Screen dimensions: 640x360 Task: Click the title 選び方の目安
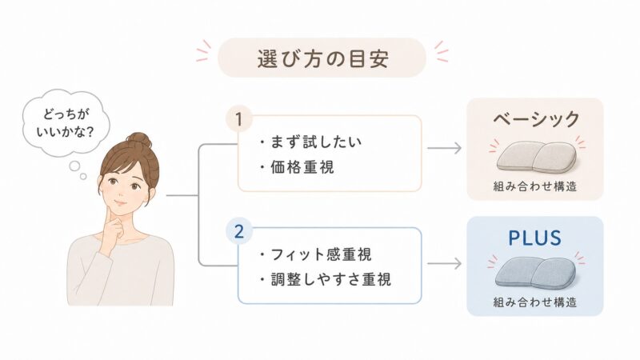click(322, 58)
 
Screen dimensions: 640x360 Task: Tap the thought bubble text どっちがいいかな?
click(66, 122)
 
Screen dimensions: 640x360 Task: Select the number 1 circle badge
click(239, 119)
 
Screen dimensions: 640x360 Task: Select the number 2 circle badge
click(239, 231)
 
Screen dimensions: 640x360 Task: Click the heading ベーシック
click(536, 118)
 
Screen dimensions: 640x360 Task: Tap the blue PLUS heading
click(534, 238)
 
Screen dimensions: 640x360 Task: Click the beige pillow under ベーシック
click(536, 157)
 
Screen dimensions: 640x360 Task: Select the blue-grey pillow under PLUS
click(535, 273)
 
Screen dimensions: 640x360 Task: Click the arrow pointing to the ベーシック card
click(444, 148)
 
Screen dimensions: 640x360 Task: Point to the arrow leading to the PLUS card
click(444, 263)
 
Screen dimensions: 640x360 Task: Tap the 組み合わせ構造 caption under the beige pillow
click(535, 186)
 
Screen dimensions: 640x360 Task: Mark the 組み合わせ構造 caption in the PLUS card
click(535, 302)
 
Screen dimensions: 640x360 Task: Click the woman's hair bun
click(138, 141)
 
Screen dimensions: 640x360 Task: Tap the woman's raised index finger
click(109, 214)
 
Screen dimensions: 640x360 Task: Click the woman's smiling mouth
click(120, 203)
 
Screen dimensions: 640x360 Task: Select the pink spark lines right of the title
click(442, 51)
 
